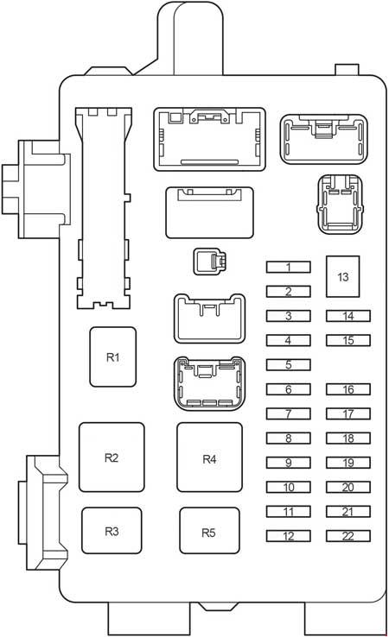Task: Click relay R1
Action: pos(112,356)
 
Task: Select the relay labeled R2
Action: pos(112,457)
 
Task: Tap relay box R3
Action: pos(112,530)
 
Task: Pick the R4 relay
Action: pos(209,457)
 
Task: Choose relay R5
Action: pos(209,530)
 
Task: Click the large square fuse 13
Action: pos(342,276)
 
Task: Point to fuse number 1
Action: pos(289,267)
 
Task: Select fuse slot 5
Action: pos(289,364)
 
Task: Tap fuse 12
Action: pos(289,535)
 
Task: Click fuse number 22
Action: pos(348,535)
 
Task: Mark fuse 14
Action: pos(348,316)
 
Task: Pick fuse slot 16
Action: pos(348,388)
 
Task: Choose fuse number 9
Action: pos(289,463)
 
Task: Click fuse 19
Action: pos(348,463)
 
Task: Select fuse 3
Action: pos(289,316)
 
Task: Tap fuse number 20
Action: pos(348,487)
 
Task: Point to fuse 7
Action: pos(289,413)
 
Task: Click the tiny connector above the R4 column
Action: pos(209,262)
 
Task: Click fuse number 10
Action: pos(289,487)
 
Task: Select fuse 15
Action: pos(348,340)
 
